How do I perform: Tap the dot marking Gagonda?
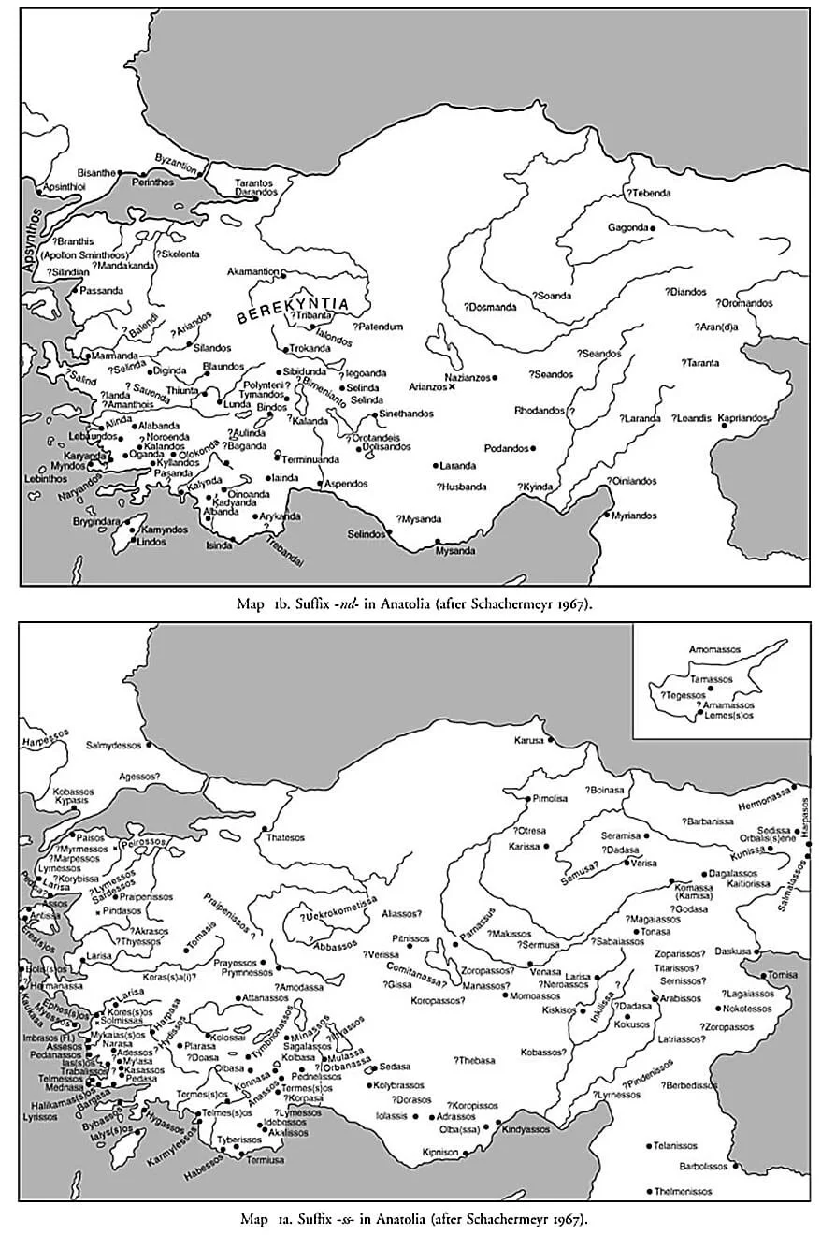click(654, 228)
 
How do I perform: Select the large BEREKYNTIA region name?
click(293, 310)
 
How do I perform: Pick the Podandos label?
click(506, 448)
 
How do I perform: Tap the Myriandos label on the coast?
click(636, 516)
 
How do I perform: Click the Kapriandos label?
click(742, 417)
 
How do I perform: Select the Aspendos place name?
click(345, 484)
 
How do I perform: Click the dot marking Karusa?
click(550, 741)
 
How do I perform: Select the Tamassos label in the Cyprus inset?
click(711, 679)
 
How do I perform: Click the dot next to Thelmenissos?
click(649, 1191)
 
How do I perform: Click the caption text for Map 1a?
click(415, 1219)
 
